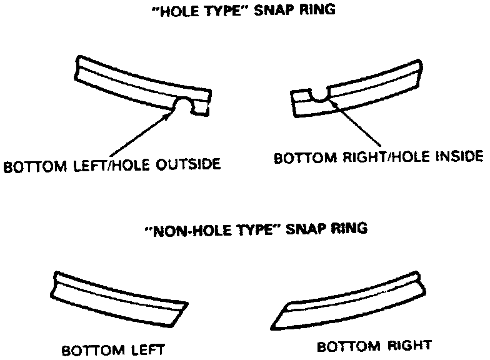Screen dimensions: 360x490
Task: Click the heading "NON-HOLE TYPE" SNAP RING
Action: pos(256,229)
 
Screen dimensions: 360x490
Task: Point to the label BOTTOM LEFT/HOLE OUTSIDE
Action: pos(112,166)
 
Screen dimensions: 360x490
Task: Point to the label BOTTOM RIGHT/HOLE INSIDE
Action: pos(379,156)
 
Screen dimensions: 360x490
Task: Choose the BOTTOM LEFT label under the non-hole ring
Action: pos(112,350)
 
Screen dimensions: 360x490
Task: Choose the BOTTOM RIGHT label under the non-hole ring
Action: pos(374,346)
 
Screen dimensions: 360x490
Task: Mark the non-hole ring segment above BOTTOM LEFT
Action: pos(119,297)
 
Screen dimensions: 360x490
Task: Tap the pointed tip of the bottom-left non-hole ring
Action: pos(187,304)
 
